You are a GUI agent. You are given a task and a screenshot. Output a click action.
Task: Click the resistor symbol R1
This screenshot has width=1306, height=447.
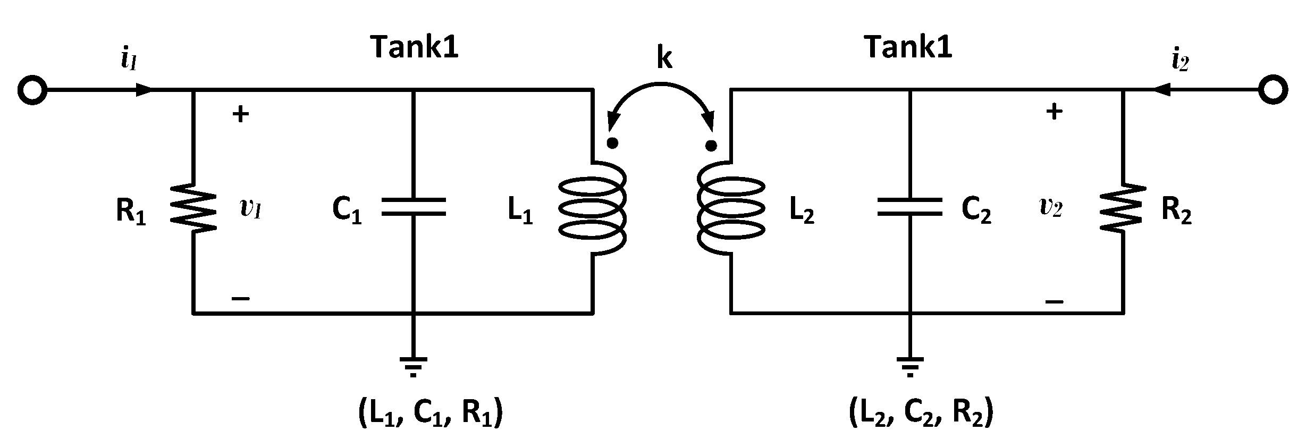tap(193, 208)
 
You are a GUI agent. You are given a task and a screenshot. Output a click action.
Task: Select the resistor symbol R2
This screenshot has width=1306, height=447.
tap(1122, 208)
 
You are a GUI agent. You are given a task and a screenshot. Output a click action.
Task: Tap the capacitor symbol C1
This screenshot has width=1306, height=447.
tap(414, 207)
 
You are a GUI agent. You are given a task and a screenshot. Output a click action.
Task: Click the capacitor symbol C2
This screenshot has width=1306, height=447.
tap(909, 207)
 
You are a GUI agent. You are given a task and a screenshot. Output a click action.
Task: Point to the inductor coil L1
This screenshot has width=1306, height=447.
tap(593, 208)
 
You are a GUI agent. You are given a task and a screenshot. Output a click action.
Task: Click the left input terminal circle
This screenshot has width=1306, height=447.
tap(32, 90)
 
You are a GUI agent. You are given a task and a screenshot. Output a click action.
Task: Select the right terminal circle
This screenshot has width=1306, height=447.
tap(1273, 90)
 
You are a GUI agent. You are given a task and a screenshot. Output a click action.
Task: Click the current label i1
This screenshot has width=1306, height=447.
tap(129, 61)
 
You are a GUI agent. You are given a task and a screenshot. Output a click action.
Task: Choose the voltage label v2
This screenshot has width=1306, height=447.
tap(1050, 207)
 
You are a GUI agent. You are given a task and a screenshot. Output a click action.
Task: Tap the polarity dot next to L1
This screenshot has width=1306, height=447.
tap(613, 143)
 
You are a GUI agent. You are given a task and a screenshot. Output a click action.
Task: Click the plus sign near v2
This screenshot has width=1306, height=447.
tap(1054, 112)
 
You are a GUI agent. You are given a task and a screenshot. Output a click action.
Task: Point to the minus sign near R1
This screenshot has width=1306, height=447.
tap(241, 299)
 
